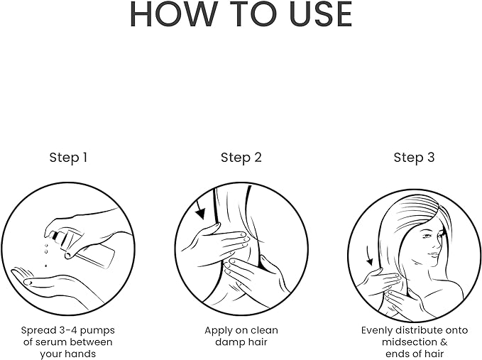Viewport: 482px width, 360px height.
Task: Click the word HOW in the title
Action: click(x=172, y=14)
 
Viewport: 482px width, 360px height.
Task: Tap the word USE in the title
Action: click(x=321, y=14)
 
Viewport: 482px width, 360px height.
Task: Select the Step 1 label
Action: click(x=68, y=158)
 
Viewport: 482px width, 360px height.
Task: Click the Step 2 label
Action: click(x=241, y=158)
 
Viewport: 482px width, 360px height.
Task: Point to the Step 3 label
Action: click(x=414, y=158)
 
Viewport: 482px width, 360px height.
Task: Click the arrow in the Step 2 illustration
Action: click(x=199, y=209)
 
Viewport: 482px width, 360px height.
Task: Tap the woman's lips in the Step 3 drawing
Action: click(x=432, y=255)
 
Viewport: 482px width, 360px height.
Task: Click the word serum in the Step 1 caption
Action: click(x=50, y=342)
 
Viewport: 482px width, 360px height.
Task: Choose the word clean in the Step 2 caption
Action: click(x=263, y=330)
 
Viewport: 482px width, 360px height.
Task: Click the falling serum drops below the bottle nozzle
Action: click(x=46, y=253)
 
